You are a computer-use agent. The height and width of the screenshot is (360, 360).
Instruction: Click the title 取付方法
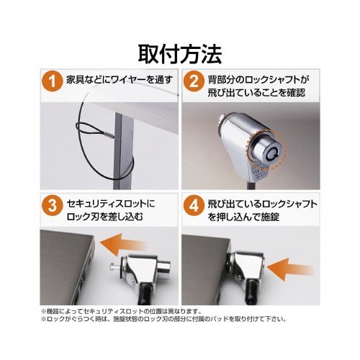pyautogui.click(x=180, y=54)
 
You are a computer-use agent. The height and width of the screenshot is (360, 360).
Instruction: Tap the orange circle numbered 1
pyautogui.click(x=52, y=81)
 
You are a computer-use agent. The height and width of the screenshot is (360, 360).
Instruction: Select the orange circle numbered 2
pyautogui.click(x=194, y=81)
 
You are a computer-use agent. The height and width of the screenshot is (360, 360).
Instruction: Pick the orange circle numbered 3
pyautogui.click(x=52, y=205)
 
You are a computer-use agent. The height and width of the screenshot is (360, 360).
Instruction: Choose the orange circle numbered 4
pyautogui.click(x=194, y=205)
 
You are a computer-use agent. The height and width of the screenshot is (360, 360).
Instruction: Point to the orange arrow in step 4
pyautogui.click(x=289, y=269)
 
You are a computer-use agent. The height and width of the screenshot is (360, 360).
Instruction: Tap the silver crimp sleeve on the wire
pyautogui.click(x=109, y=135)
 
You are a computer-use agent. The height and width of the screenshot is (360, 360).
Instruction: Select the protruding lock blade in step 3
pyautogui.click(x=114, y=266)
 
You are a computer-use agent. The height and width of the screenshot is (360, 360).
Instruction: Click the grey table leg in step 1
pyautogui.click(x=124, y=150)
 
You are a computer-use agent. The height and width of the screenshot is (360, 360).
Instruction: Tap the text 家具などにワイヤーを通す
pyautogui.click(x=120, y=79)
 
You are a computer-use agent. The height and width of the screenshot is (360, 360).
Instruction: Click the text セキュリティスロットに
pyautogui.click(x=111, y=204)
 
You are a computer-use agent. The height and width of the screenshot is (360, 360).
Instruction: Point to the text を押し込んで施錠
pyautogui.click(x=243, y=217)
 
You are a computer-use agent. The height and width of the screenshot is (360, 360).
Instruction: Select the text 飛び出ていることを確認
pyautogui.click(x=256, y=93)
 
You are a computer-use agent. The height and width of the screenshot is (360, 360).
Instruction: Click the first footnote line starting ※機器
pyautogui.click(x=122, y=312)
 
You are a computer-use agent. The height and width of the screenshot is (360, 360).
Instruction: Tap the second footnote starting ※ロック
pyautogui.click(x=164, y=319)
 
